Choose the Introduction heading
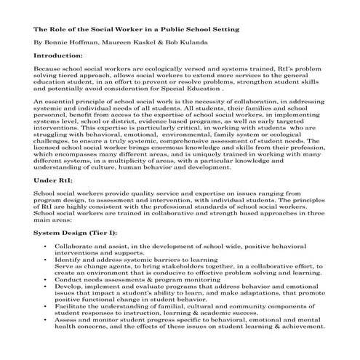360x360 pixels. (x=58, y=55)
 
